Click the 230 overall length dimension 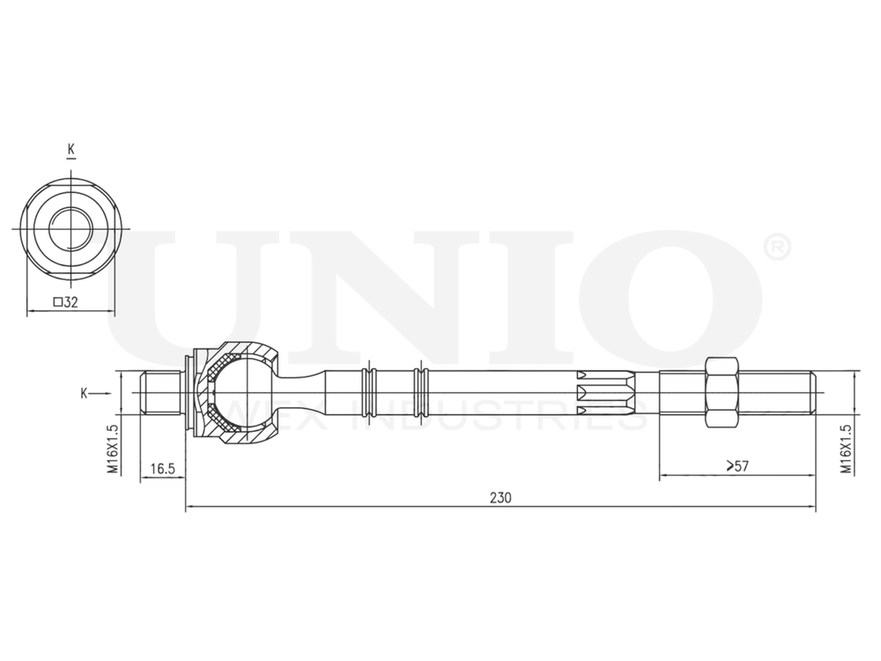pos(500,497)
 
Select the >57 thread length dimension pos(737,466)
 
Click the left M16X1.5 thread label pos(113,449)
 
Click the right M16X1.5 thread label pos(845,449)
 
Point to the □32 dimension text pos(66,302)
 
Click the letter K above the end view pos(70,150)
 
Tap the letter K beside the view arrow pos(84,393)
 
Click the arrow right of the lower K pos(104,393)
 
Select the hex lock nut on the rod pos(722,392)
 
